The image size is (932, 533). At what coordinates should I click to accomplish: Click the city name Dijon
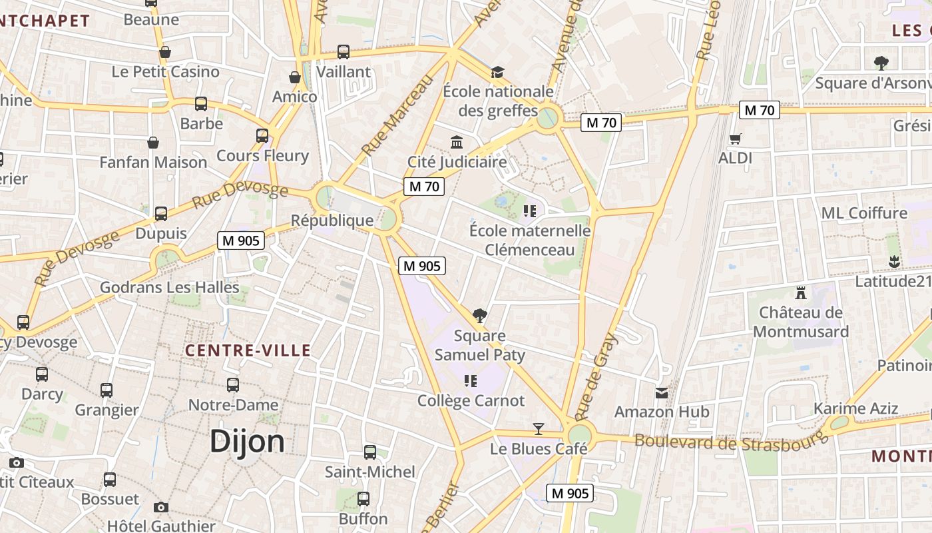click(x=247, y=442)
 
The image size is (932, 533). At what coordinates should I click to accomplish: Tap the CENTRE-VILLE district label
click(x=248, y=350)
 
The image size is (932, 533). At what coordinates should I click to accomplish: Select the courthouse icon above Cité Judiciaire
click(x=457, y=142)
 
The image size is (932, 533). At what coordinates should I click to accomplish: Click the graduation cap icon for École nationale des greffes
click(x=497, y=72)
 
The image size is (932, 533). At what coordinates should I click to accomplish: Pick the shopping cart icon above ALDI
click(x=735, y=139)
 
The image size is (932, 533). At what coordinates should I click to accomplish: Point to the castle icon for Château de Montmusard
click(x=800, y=292)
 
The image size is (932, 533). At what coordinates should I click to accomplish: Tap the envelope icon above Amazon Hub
click(x=661, y=393)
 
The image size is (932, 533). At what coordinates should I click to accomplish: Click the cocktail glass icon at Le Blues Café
click(x=539, y=428)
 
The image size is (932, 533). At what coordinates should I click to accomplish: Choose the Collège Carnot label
click(x=471, y=401)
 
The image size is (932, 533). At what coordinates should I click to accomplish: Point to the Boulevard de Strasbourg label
click(x=730, y=440)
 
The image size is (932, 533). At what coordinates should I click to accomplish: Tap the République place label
click(x=332, y=221)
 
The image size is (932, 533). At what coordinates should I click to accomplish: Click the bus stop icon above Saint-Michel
click(x=370, y=452)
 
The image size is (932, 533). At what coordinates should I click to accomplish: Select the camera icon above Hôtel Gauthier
click(x=160, y=508)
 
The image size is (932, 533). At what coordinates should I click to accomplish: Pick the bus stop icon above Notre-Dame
click(x=233, y=385)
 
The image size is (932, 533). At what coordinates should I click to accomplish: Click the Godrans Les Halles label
click(x=169, y=288)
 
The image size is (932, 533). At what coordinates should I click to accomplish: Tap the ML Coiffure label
click(x=864, y=213)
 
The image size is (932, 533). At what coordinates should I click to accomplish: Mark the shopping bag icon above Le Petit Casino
click(x=165, y=52)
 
